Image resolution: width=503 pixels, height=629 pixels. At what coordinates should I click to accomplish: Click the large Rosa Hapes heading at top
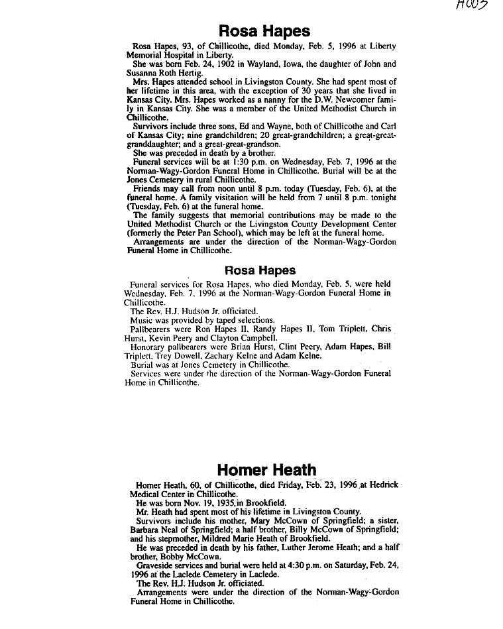[x=264, y=30]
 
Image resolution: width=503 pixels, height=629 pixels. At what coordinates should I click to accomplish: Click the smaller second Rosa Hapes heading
[x=260, y=270]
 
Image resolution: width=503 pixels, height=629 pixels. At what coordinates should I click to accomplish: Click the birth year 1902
[x=199, y=64]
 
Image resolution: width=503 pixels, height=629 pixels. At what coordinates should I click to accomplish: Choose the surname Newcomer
[x=355, y=99]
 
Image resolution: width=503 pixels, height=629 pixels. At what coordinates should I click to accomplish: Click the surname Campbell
[x=245, y=338]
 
